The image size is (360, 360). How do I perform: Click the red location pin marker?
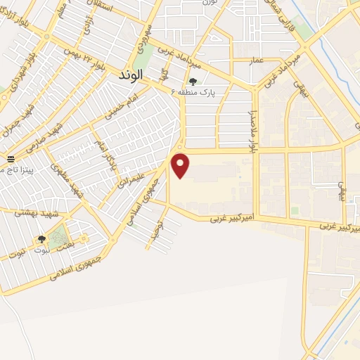click(181, 165)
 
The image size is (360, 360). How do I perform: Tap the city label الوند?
click(131, 73)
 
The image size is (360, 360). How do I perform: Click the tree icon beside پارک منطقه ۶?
click(193, 82)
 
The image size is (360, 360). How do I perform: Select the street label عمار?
click(257, 61)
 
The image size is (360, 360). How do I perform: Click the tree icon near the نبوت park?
click(41, 240)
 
